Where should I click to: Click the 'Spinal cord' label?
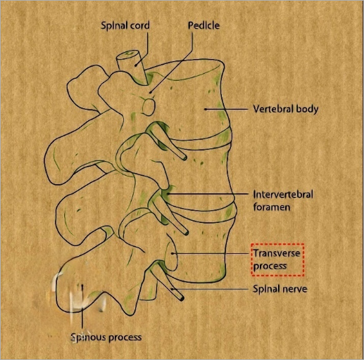pyautogui.click(x=125, y=25)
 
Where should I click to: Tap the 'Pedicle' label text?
pyautogui.click(x=203, y=25)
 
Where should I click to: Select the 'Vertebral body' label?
pyautogui.click(x=286, y=109)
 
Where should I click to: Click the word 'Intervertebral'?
pyautogui.click(x=283, y=194)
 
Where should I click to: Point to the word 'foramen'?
pyautogui.click(x=272, y=207)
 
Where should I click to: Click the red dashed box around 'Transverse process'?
pyautogui.click(x=277, y=244)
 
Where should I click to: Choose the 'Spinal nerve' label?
pyautogui.click(x=280, y=289)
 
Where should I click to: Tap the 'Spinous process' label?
pyautogui.click(x=106, y=337)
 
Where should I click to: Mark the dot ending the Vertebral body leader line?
pyautogui.click(x=206, y=109)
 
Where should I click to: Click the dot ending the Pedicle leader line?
pyautogui.click(x=151, y=92)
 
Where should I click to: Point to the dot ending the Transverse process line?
pyautogui.click(x=172, y=253)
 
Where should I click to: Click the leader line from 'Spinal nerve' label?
pyautogui.click(x=210, y=289)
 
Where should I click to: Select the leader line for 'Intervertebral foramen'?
pyautogui.click(x=208, y=194)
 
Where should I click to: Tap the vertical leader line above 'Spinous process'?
pyautogui.click(x=82, y=307)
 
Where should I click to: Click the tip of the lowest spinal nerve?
pyautogui.click(x=182, y=298)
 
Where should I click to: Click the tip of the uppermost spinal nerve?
pyautogui.click(x=185, y=157)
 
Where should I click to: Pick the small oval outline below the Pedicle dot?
pyautogui.click(x=149, y=107)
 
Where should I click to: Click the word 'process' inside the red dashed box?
pyautogui.click(x=270, y=266)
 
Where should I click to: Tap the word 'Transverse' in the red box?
pyautogui.click(x=277, y=253)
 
